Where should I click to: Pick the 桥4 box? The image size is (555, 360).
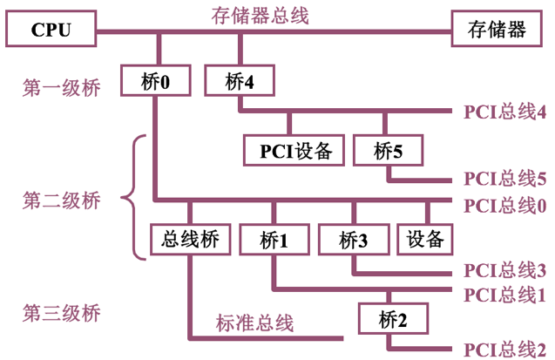tap(239, 82)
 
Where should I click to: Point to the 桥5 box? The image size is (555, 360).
tap(387, 150)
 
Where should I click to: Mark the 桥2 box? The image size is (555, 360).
tap(392, 318)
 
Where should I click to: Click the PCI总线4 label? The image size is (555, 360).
tap(505, 112)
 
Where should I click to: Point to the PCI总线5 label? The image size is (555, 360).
tap(505, 180)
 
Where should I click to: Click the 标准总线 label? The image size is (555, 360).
tap(254, 323)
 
